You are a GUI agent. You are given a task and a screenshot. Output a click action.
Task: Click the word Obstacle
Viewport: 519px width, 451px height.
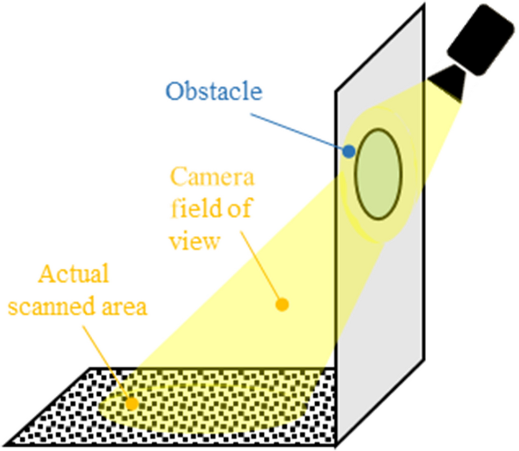pos(214,92)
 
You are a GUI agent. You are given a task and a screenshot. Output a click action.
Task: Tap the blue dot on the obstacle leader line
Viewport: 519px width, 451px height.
pos(349,151)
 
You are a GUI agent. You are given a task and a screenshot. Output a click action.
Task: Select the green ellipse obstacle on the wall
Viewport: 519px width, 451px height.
pos(379,174)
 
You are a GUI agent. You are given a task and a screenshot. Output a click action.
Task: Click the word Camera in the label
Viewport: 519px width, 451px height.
pos(212,177)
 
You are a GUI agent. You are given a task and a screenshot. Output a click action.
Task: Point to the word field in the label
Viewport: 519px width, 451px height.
pos(192,209)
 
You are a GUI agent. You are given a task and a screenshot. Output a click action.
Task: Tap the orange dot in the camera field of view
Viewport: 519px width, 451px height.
pos(281,305)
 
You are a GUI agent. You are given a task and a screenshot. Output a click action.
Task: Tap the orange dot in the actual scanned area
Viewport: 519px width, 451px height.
pos(131,403)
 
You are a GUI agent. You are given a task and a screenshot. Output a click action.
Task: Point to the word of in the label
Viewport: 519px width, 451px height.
pos(236,209)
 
